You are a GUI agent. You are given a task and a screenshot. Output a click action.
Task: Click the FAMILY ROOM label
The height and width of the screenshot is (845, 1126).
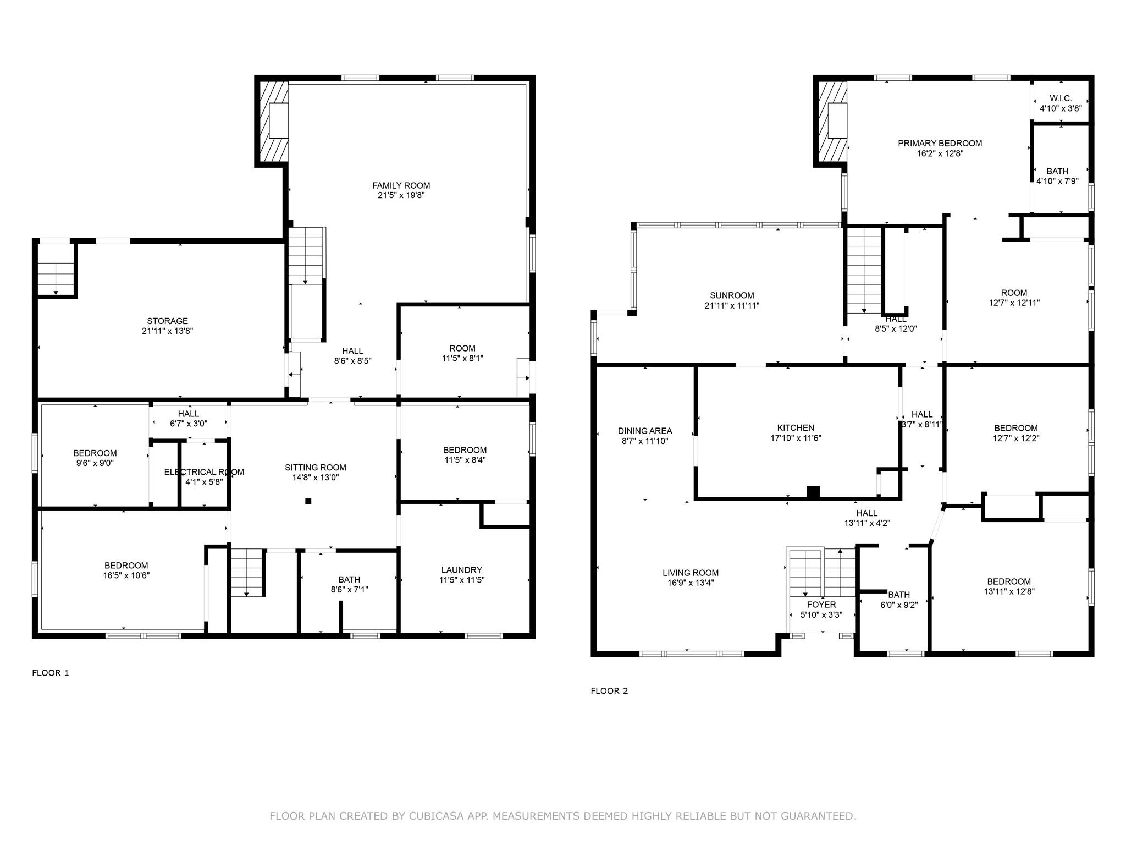(401, 185)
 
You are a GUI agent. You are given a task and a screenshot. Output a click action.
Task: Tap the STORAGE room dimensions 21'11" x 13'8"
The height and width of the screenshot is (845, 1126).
(167, 331)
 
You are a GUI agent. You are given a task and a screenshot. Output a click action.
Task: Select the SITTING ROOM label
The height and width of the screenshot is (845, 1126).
(316, 468)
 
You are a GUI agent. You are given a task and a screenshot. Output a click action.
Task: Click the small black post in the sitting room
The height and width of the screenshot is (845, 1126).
(308, 501)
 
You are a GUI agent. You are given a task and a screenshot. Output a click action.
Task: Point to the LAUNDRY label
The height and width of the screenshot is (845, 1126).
(462, 570)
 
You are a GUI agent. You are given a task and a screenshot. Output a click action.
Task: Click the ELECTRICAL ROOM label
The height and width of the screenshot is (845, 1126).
(205, 472)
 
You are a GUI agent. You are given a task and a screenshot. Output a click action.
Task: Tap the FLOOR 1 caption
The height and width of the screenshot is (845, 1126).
(51, 673)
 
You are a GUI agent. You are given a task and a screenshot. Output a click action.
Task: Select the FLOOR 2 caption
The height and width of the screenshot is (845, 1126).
(609, 691)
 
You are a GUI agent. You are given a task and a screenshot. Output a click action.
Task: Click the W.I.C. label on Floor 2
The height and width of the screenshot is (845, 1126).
(1061, 98)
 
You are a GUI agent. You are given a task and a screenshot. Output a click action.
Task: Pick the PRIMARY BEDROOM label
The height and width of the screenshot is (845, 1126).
(940, 144)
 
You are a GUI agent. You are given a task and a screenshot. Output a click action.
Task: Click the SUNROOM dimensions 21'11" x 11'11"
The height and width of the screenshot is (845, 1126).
(732, 306)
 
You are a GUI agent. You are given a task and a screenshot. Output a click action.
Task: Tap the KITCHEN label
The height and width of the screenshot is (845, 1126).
(796, 428)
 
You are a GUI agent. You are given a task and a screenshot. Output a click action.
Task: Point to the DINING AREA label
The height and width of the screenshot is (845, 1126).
(645, 431)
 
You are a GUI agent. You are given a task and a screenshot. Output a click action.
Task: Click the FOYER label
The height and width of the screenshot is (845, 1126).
(821, 605)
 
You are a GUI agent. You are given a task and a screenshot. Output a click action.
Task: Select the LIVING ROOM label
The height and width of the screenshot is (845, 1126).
(691, 573)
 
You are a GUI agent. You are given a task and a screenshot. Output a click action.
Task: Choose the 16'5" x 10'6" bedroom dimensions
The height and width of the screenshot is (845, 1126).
(126, 576)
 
